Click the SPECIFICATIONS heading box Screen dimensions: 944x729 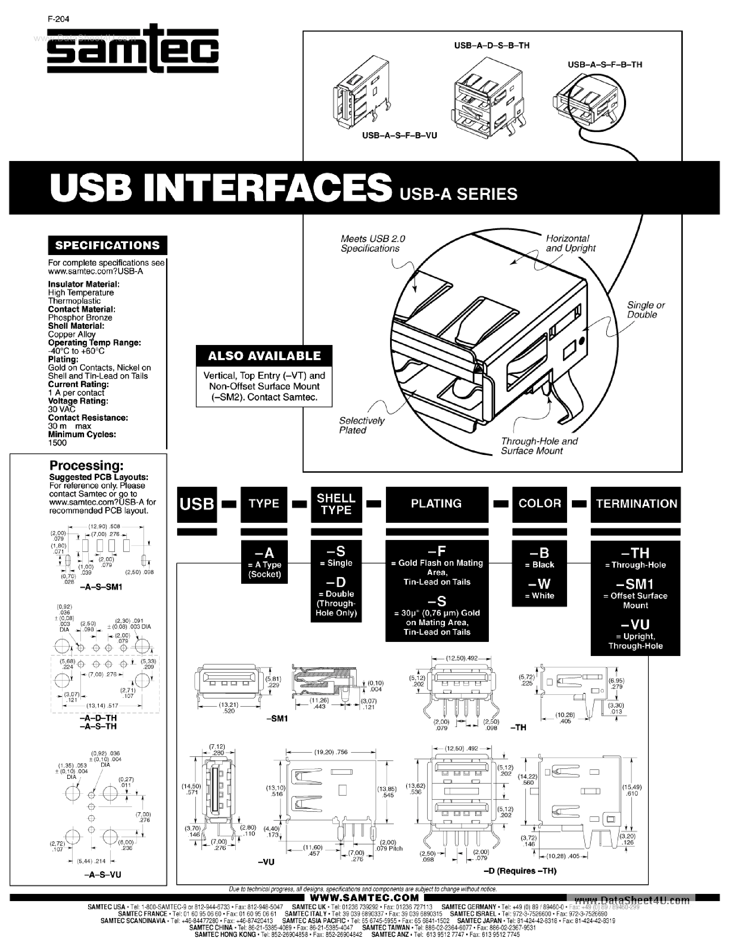pyautogui.click(x=107, y=245)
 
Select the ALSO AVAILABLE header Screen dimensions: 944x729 pyautogui.click(x=264, y=356)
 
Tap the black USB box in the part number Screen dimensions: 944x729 pyautogui.click(x=197, y=504)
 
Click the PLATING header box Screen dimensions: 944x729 pyautogui.click(x=437, y=504)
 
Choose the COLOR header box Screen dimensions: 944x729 pyautogui.click(x=539, y=504)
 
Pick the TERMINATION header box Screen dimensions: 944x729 pyautogui.click(x=636, y=504)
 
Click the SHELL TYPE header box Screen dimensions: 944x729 pyautogui.click(x=336, y=504)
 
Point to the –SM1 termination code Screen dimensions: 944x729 pyautogui.click(x=635, y=584)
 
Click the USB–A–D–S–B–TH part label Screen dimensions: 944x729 pyautogui.click(x=492, y=45)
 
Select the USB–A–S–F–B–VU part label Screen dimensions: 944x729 pyautogui.click(x=399, y=136)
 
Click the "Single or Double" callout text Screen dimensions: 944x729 pyautogui.click(x=645, y=310)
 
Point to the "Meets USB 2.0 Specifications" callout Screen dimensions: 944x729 pyautogui.click(x=373, y=243)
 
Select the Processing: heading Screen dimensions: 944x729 pyautogui.click(x=86, y=465)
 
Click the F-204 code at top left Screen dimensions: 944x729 pyautogui.click(x=58, y=19)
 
